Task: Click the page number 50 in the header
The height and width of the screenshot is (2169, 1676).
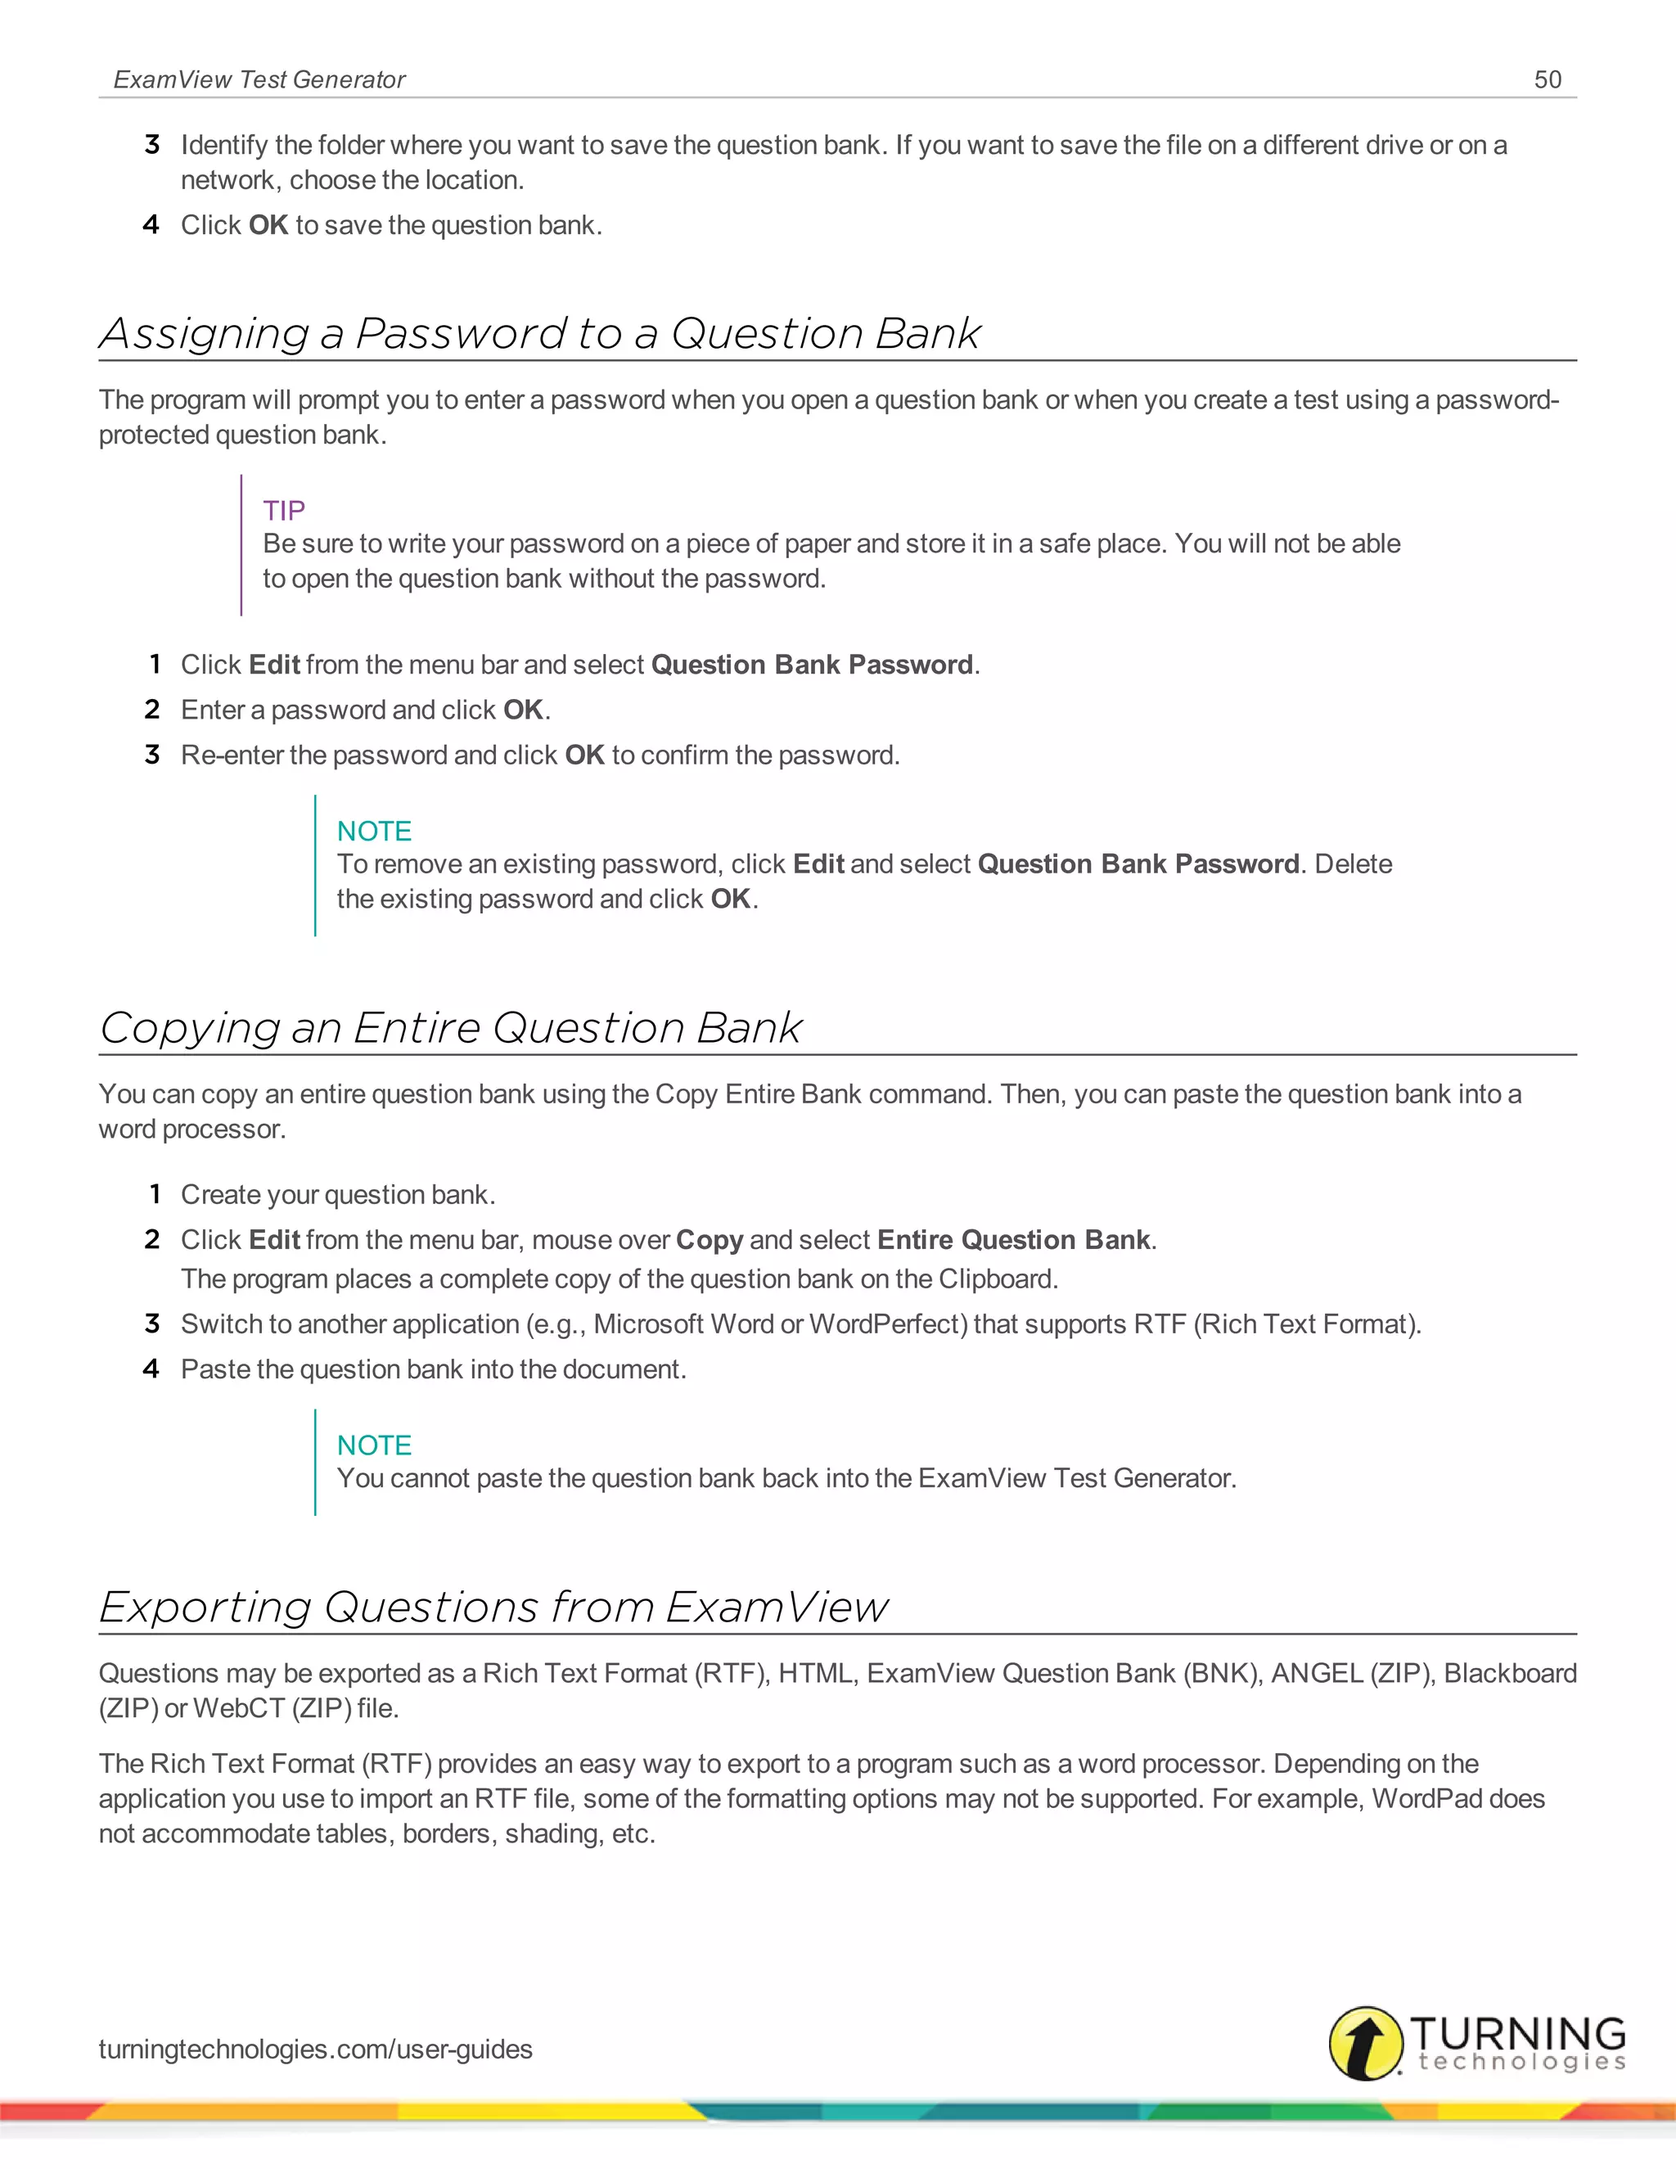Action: [x=1547, y=79]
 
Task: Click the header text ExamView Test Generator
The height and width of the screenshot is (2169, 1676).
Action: [x=259, y=79]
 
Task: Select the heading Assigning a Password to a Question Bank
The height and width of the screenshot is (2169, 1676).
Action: [x=539, y=334]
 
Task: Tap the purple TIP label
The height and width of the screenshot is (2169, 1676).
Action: [x=284, y=511]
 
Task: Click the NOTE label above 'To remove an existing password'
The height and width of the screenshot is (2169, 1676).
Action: [x=373, y=832]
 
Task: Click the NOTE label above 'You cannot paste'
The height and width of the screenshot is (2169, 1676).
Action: [x=373, y=1445]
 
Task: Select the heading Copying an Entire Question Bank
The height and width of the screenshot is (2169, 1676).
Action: [x=450, y=1028]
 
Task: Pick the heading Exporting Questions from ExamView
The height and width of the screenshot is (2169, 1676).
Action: [x=493, y=1607]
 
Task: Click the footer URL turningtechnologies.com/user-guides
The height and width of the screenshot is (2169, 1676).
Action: [x=315, y=2049]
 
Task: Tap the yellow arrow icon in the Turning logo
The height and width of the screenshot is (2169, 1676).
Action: [x=1365, y=2043]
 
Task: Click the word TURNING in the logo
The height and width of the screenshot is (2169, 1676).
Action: [x=1517, y=2032]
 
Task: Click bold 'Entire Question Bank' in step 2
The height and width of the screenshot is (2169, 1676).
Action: [x=1014, y=1239]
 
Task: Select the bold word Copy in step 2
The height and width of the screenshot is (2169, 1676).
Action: [x=709, y=1240]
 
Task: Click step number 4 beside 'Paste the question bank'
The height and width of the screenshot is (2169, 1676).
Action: [x=151, y=1369]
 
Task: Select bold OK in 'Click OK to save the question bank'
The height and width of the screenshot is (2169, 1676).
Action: [x=268, y=225]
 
